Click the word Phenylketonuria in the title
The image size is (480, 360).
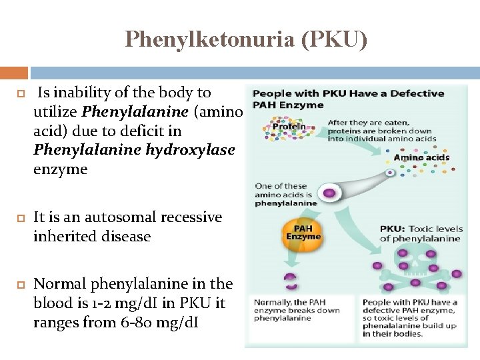pos(210,41)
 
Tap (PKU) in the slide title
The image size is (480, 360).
pos(334,41)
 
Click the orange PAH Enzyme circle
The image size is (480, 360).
pos(303,233)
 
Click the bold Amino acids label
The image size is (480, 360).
pos(422,158)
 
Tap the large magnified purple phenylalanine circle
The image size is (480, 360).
pos(329,193)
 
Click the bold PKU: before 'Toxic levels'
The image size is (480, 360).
pos(393,229)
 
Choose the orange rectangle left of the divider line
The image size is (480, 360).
pos(13,73)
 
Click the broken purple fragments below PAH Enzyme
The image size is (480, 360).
pos(289,279)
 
